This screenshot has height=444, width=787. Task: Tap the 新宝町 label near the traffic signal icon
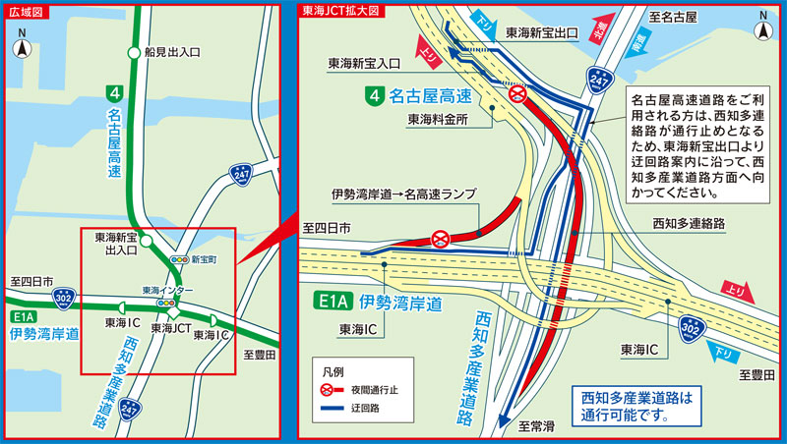(204, 259)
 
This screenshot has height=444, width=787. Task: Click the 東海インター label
(167, 291)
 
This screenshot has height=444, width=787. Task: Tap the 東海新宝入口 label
(364, 63)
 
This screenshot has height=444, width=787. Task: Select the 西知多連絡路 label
(689, 224)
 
